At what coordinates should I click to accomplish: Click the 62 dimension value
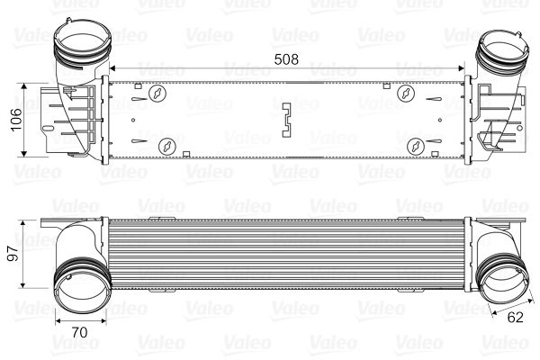pyautogui.click(x=516, y=316)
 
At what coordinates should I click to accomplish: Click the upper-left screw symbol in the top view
pyautogui.click(x=158, y=94)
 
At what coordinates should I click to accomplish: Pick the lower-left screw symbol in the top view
pyautogui.click(x=166, y=145)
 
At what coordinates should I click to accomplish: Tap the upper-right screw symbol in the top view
pyautogui.click(x=406, y=94)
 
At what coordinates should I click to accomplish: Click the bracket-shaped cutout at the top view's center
pyautogui.click(x=288, y=120)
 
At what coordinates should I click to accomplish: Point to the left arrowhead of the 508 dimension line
pyautogui.click(x=112, y=69)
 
